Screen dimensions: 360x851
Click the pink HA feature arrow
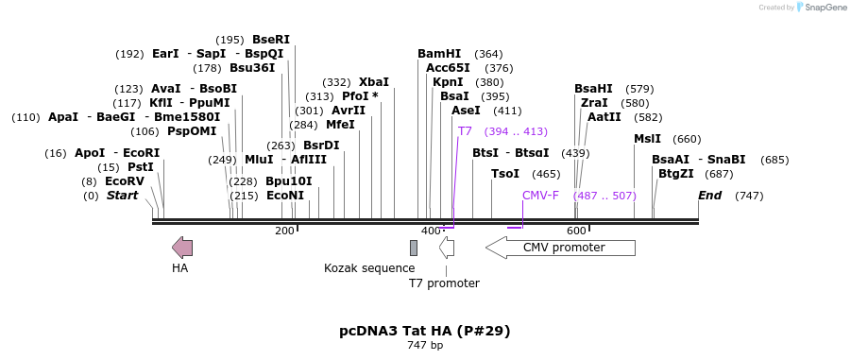pyautogui.click(x=182, y=248)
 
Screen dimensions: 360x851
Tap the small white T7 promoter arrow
pyautogui.click(x=447, y=248)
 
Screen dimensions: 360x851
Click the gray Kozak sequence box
pyautogui.click(x=414, y=248)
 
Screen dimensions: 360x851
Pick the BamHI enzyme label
pyautogui.click(x=439, y=54)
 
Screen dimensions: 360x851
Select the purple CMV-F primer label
pyautogui.click(x=540, y=195)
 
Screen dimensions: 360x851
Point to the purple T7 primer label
pyautogui.click(x=465, y=131)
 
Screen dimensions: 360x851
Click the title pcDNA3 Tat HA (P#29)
pyautogui.click(x=425, y=331)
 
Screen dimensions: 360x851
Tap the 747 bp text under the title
pyautogui.click(x=425, y=346)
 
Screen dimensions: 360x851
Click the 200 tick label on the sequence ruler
pyautogui.click(x=284, y=231)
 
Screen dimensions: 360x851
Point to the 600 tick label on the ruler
pyautogui.click(x=576, y=231)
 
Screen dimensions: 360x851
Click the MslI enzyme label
pyautogui.click(x=648, y=139)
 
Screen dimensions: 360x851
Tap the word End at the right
pyautogui.click(x=710, y=196)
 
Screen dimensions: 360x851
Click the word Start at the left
pyautogui.click(x=122, y=196)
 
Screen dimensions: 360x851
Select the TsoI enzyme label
pyautogui.click(x=505, y=174)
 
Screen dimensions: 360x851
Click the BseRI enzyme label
pyautogui.click(x=271, y=40)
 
